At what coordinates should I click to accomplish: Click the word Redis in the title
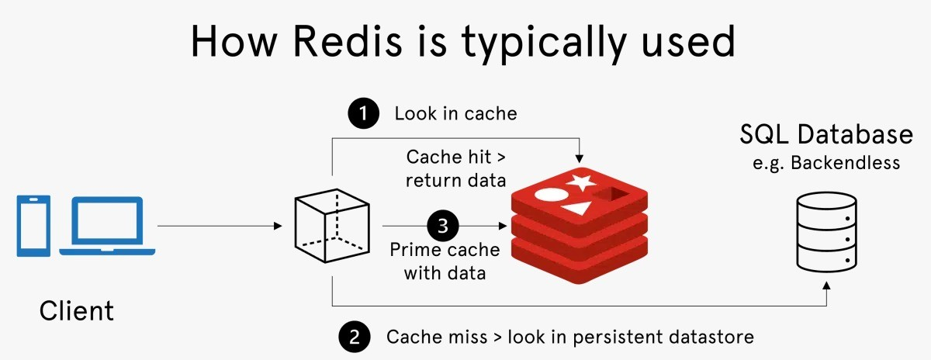pos(347,42)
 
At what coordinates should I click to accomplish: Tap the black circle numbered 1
pos(364,114)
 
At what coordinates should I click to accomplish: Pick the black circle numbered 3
pos(443,227)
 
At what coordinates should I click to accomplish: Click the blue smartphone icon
pos(33,226)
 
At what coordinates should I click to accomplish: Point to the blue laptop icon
pos(108,226)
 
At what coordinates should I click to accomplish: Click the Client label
pos(77,311)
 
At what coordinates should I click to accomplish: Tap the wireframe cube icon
pos(332,226)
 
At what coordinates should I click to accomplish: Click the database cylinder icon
pos(828,232)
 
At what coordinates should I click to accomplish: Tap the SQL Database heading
pos(825,135)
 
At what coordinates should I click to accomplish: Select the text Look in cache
pos(455,114)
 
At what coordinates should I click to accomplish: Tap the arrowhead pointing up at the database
pos(828,287)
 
